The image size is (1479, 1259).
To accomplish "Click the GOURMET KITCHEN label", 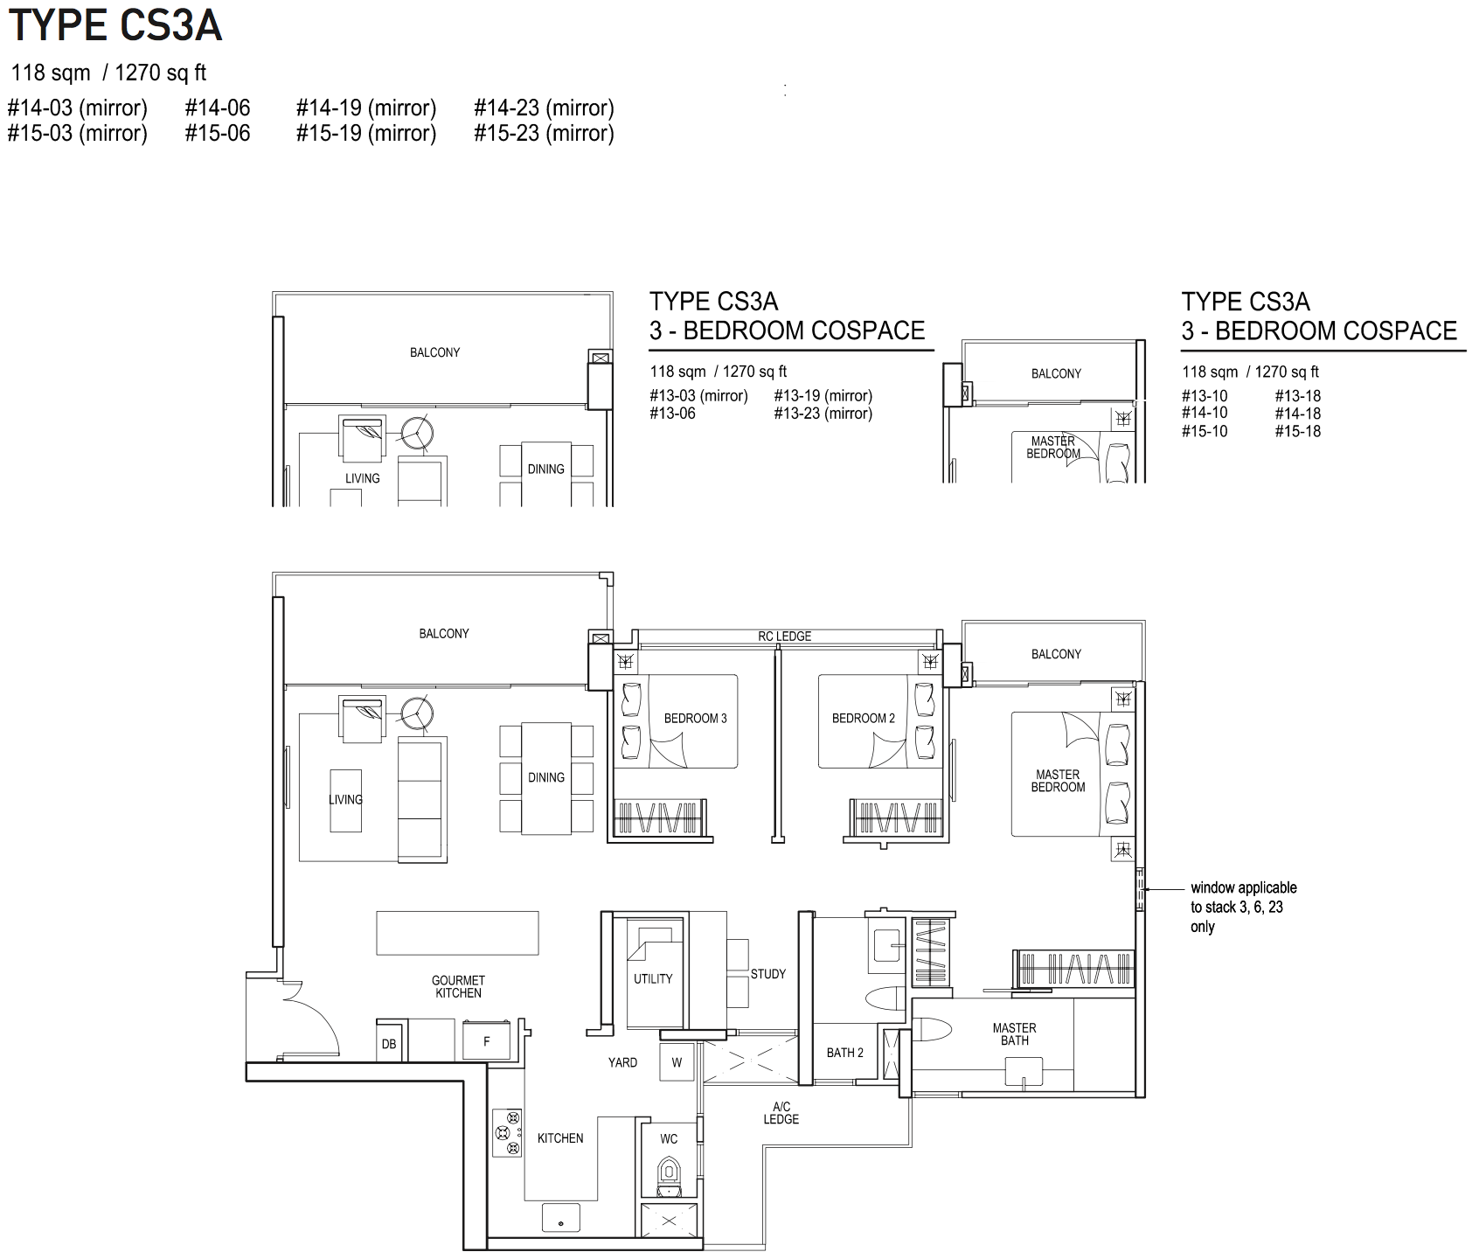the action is click(458, 986).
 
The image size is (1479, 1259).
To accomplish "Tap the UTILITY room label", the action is click(653, 978).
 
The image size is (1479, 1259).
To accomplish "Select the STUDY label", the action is click(768, 973).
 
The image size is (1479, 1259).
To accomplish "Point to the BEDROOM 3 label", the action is click(695, 718).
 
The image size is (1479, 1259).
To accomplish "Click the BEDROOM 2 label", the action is click(864, 718).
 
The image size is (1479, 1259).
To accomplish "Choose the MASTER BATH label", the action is click(1015, 1034).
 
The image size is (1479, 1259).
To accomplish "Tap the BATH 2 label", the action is click(845, 1053).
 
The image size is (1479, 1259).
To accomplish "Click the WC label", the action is click(669, 1138).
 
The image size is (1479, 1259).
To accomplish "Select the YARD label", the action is click(622, 1062).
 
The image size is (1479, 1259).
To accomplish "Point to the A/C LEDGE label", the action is click(781, 1113).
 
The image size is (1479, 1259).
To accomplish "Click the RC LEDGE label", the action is click(784, 636).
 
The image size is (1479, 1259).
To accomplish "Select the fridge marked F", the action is click(486, 1040).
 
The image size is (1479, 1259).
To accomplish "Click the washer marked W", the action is click(677, 1062).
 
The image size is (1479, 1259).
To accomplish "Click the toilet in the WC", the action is click(669, 1175).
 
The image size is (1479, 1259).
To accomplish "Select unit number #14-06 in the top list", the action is click(218, 108).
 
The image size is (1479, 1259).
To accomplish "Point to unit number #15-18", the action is click(1297, 431).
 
